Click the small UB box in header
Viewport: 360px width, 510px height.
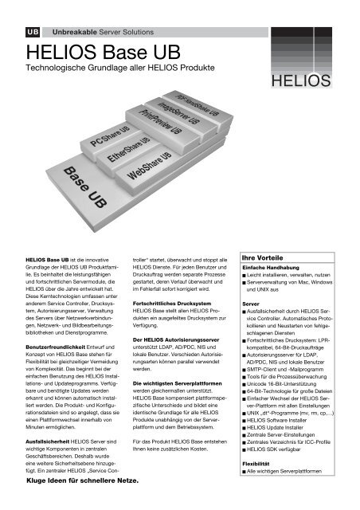coord(33,31)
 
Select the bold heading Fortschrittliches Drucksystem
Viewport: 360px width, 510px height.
coord(174,304)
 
